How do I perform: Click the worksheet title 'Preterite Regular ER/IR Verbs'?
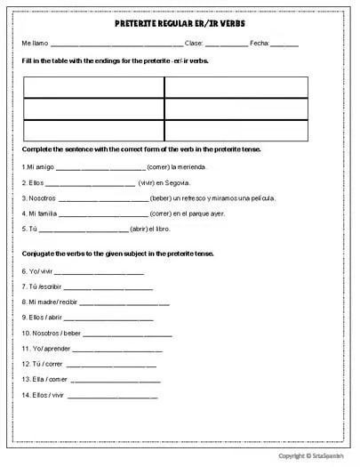(x=180, y=27)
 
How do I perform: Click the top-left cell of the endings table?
(x=93, y=87)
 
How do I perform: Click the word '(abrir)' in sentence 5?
(x=142, y=229)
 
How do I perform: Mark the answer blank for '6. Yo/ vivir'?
(x=100, y=272)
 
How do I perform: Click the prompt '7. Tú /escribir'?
(x=42, y=287)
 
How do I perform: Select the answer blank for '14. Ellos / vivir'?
(x=112, y=395)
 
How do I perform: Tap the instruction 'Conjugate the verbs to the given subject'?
(x=117, y=253)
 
